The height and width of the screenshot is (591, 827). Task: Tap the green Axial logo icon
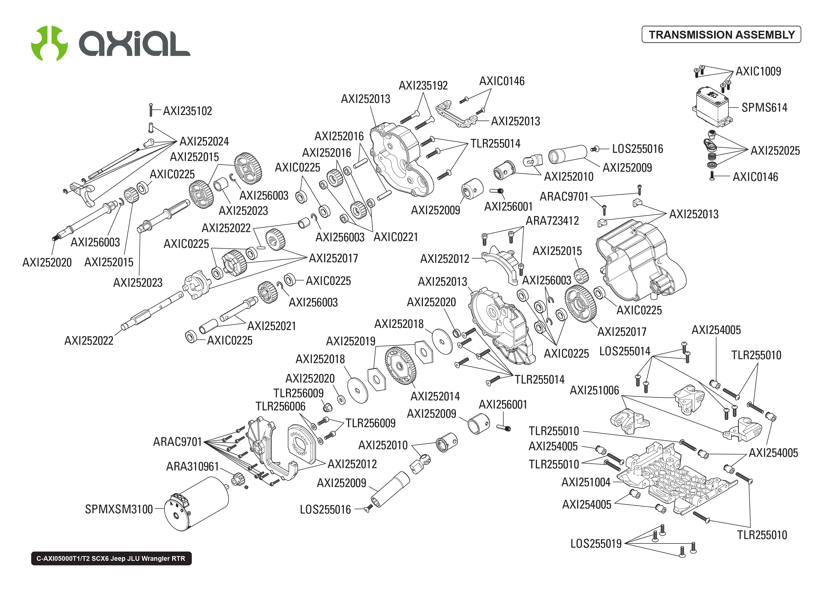point(49,43)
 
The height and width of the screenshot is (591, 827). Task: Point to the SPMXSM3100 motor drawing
point(196,504)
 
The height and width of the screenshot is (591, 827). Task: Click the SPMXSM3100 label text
point(119,509)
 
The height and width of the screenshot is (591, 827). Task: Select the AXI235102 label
point(187,111)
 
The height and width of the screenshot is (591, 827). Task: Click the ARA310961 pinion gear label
point(192,467)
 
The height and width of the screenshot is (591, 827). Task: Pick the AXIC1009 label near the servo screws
point(758,71)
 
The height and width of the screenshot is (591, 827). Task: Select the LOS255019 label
point(596,544)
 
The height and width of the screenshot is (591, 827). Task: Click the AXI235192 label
point(423,86)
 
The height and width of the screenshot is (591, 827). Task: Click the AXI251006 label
point(594,390)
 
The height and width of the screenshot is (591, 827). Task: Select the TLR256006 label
point(280,406)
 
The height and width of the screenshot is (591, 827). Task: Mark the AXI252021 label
point(271,326)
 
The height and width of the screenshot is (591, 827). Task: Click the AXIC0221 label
point(396,237)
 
